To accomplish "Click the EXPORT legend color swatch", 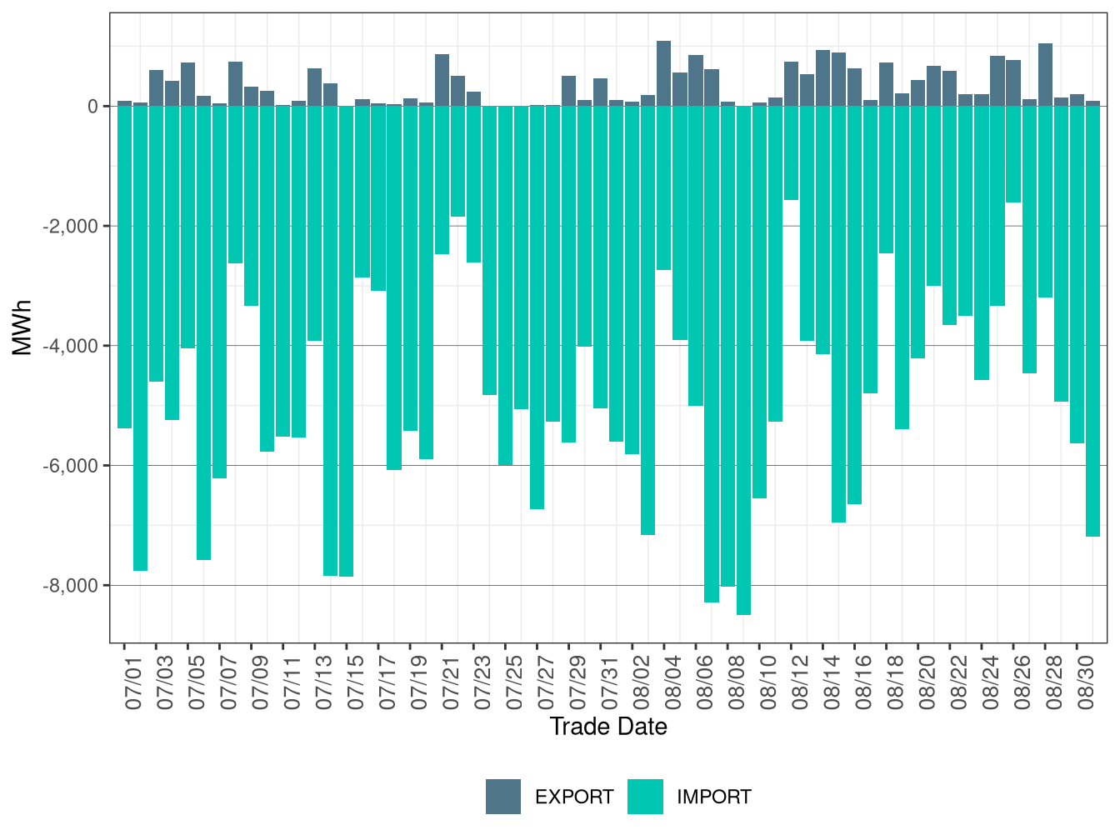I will coord(503,797).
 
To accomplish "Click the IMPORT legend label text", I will coord(713,797).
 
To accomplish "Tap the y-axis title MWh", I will coord(22,327).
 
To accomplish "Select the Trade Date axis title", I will coord(608,727).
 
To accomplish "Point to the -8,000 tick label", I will coord(70,586).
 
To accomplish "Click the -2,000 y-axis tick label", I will coord(70,227).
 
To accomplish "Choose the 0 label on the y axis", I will coord(92,107).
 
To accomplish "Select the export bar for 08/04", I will coord(664,74).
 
